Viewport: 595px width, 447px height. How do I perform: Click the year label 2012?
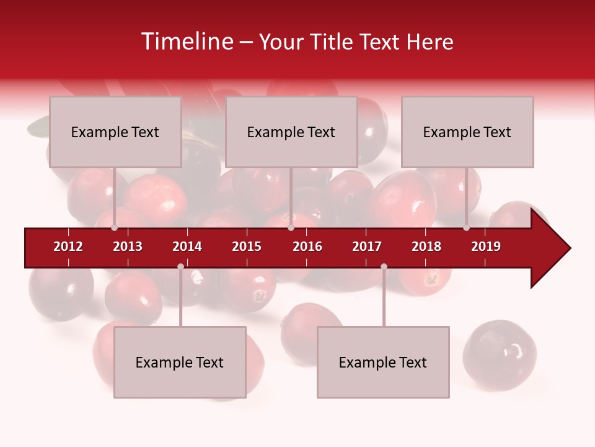pos(68,246)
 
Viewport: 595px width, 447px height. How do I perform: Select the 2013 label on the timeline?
pos(128,246)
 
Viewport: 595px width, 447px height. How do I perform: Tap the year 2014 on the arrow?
pos(187,246)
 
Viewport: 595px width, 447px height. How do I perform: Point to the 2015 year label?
pos(247,246)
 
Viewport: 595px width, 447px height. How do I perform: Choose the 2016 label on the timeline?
pos(307,246)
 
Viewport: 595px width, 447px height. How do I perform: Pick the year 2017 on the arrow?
pos(367,246)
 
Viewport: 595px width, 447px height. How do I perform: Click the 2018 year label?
pos(426,246)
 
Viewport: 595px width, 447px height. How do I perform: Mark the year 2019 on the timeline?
pos(486,246)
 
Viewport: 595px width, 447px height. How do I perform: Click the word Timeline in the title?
pos(186,42)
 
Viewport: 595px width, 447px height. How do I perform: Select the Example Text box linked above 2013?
pos(115,132)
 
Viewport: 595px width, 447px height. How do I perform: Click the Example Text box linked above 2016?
pos(291,132)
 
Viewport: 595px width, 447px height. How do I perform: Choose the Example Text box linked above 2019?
pos(467,132)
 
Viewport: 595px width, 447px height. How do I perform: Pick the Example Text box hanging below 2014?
pos(180,362)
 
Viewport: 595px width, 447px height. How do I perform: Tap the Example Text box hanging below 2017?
pos(383,362)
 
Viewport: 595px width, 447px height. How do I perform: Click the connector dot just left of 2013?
pos(114,228)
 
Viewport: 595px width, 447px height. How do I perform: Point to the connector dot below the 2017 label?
pos(384,266)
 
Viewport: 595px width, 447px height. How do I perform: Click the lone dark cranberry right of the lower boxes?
pos(500,354)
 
